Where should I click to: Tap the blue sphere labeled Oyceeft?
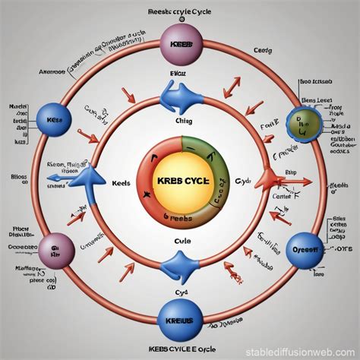point(304,251)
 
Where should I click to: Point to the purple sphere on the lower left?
point(55,251)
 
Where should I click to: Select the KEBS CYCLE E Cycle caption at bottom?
point(180,351)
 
